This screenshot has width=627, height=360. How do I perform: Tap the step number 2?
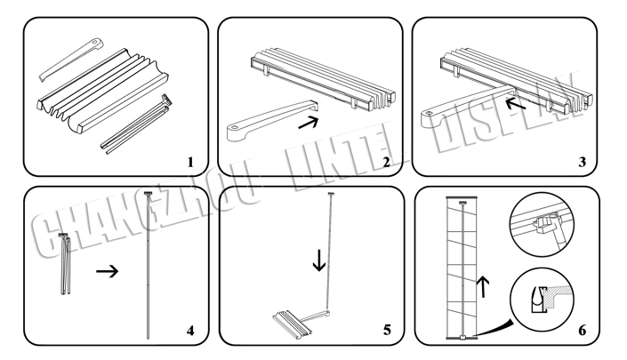(x=386, y=162)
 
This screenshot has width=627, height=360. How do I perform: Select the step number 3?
(x=581, y=162)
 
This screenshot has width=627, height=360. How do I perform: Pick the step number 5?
(x=386, y=330)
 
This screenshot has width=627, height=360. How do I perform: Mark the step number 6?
(x=582, y=330)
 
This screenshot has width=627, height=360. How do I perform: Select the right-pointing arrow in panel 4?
(x=108, y=271)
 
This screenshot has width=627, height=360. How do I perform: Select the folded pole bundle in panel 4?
(x=66, y=263)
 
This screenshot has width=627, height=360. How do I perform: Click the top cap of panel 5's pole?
(x=332, y=194)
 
